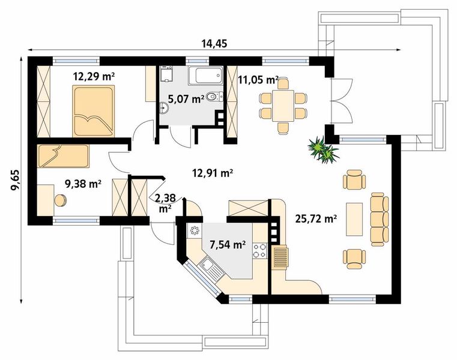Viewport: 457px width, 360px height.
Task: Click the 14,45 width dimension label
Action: pyautogui.click(x=214, y=44)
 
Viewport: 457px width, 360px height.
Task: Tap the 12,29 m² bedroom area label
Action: pyautogui.click(x=94, y=77)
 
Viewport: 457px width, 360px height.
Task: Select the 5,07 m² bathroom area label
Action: pyautogui.click(x=186, y=99)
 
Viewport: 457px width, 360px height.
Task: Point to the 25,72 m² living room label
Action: pyautogui.click(x=316, y=218)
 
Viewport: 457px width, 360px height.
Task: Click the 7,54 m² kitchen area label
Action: pyautogui.click(x=227, y=245)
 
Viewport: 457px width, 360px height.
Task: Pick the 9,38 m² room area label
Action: pyautogui.click(x=83, y=184)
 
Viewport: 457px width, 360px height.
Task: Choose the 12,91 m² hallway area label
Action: pyautogui.click(x=212, y=173)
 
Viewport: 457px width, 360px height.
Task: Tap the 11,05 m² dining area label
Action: pyautogui.click(x=258, y=79)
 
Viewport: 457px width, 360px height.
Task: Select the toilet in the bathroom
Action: pyautogui.click(x=214, y=97)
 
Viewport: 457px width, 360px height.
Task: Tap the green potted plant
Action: pyautogui.click(x=324, y=151)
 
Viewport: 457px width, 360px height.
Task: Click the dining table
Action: pyautogui.click(x=283, y=106)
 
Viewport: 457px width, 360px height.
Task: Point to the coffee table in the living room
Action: pyautogui.click(x=354, y=220)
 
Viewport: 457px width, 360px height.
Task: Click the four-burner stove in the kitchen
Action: pyautogui.click(x=259, y=250)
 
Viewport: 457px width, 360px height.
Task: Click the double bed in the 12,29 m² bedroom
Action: pyautogui.click(x=93, y=111)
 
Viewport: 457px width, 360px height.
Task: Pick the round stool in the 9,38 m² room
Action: pyautogui.click(x=61, y=200)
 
